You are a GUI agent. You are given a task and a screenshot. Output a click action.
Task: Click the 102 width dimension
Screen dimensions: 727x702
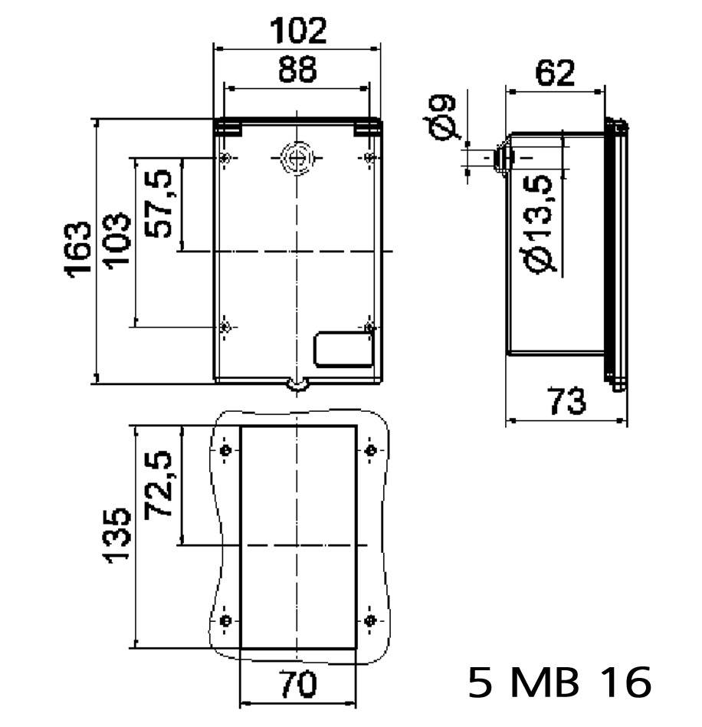[297, 30]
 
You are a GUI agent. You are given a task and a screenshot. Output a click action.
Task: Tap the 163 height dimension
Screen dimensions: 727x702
[79, 251]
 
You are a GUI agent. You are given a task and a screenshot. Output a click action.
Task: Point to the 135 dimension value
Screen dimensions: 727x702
[117, 535]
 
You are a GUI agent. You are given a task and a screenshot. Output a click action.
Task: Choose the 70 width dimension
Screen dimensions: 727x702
[297, 685]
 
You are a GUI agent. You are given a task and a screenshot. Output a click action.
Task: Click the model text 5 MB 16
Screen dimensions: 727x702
[560, 682]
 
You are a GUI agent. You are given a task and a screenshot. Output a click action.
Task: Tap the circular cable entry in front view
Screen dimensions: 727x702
[296, 157]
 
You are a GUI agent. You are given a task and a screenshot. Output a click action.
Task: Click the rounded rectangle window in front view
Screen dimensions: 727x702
[343, 349]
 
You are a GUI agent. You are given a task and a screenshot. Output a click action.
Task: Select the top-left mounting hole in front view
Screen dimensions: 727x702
[225, 158]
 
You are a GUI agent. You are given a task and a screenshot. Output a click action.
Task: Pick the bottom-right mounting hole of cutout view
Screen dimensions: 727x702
[370, 620]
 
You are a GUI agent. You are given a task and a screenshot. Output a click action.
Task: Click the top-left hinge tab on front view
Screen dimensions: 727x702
[226, 128]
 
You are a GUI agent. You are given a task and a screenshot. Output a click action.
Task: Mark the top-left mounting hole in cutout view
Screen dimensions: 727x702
[225, 450]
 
